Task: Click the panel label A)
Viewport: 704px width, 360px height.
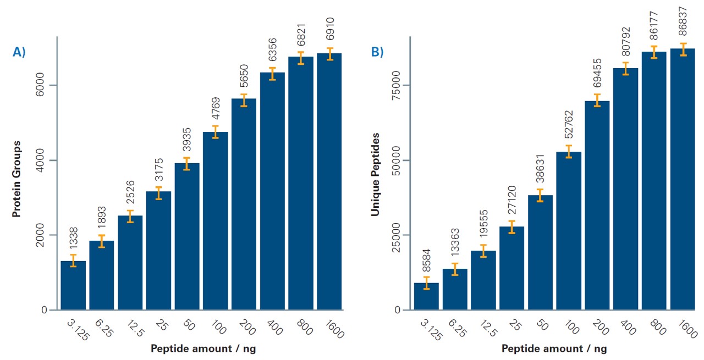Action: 19,52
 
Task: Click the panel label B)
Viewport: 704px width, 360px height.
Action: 377,52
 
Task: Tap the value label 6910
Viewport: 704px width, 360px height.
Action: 330,30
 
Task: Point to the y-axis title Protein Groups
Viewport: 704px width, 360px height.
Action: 17,179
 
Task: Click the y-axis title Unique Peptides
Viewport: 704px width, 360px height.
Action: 375,174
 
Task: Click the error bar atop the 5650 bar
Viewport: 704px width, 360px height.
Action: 244,100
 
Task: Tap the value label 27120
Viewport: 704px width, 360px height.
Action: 512,202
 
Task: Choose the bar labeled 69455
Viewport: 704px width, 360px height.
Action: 597,206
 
